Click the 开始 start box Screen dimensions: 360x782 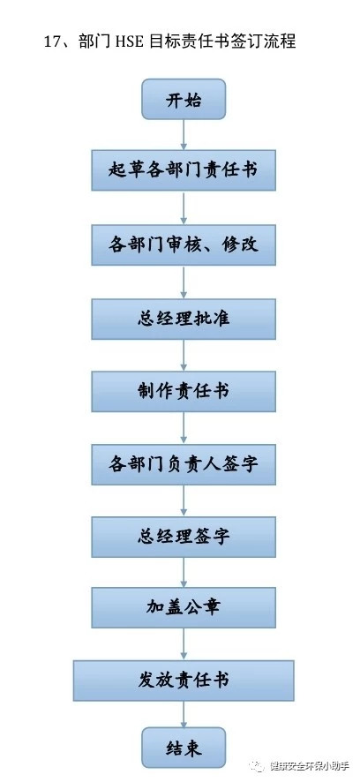tap(184, 99)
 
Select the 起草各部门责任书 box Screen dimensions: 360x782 tap(184, 170)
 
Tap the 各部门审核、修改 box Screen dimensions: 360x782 tap(184, 244)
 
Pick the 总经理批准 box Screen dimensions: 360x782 tap(184, 320)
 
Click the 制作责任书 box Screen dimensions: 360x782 tap(184, 392)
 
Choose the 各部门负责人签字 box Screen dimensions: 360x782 tap(184, 465)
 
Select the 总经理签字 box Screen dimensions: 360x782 tap(184, 538)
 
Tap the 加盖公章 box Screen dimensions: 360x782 tap(184, 607)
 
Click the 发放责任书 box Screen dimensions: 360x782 tap(184, 680)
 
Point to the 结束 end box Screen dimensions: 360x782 tap(184, 748)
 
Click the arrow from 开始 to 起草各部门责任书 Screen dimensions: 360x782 tap(184, 135)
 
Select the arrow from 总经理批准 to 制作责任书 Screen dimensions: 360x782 tap(184, 356)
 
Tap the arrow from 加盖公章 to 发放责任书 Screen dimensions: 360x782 tap(184, 643)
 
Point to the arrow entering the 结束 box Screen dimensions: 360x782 tap(184, 714)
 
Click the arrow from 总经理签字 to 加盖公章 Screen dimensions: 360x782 tap(184, 572)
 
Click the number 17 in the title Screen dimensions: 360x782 tap(53, 41)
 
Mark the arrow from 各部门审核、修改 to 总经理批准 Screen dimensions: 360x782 tap(184, 282)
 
